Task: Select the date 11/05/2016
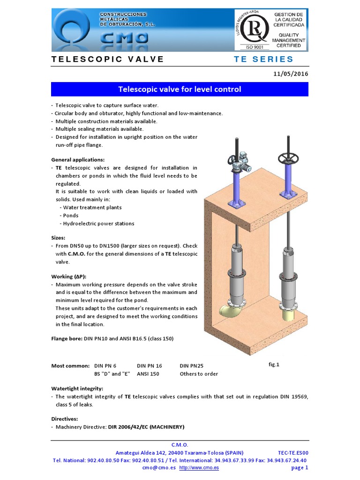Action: (290, 74)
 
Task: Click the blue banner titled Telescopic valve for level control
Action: (180, 89)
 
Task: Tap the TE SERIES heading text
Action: (263, 59)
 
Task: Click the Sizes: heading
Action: (58, 238)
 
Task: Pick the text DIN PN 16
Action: (150, 366)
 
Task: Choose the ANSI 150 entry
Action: (148, 374)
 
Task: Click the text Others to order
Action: (199, 374)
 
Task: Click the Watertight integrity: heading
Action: (77, 389)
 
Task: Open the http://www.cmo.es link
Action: (199, 467)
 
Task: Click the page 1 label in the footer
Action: (300, 467)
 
